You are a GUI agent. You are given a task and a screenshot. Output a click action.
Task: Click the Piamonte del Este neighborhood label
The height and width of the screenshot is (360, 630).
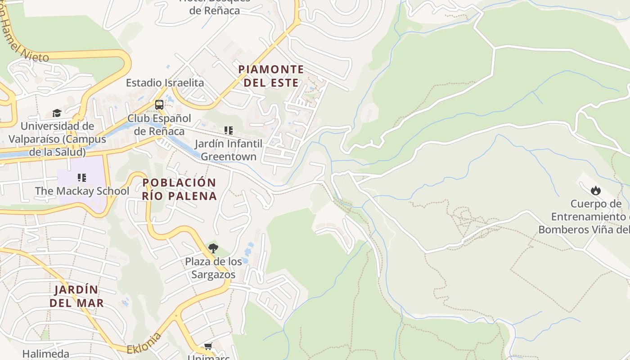click(x=271, y=76)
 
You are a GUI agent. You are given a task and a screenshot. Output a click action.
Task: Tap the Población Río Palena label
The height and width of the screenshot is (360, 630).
click(x=180, y=189)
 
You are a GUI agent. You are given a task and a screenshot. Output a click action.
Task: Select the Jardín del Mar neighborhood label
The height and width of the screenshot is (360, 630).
click(x=76, y=296)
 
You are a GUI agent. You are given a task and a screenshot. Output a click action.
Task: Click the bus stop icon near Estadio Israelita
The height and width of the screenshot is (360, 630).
click(x=159, y=105)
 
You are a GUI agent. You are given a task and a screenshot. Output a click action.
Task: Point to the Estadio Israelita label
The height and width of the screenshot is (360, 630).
click(x=165, y=83)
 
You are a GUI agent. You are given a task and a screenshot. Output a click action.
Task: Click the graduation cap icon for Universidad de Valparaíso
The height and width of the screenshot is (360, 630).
click(x=57, y=113)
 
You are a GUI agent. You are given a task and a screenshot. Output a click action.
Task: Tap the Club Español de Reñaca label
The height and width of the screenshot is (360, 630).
click(x=159, y=125)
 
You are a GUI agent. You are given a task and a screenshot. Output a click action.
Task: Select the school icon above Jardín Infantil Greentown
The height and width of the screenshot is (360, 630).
click(x=229, y=130)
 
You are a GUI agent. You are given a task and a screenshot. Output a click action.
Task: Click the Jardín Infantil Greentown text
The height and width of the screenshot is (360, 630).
click(x=229, y=150)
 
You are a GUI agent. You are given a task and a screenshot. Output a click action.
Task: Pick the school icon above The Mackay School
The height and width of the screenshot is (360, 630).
click(x=81, y=178)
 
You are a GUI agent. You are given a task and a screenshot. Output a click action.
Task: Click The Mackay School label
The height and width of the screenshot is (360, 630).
click(x=82, y=191)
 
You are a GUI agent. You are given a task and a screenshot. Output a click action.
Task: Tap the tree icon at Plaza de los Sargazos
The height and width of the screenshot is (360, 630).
click(x=213, y=248)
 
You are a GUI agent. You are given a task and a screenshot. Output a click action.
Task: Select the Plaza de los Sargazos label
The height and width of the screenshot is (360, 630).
click(x=213, y=268)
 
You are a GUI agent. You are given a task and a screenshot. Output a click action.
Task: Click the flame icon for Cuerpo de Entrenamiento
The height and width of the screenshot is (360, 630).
click(x=596, y=190)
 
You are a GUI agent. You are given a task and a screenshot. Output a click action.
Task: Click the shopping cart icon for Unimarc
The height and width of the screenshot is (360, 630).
click(x=208, y=346)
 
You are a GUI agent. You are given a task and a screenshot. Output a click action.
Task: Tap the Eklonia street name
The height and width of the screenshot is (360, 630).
click(x=144, y=343)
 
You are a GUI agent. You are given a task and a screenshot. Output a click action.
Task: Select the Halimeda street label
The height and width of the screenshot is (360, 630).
click(x=46, y=354)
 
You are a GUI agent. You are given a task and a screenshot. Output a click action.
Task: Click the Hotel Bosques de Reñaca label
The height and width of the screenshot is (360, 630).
click(x=215, y=6)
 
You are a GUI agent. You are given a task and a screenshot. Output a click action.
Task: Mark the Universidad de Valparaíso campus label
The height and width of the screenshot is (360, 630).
click(x=57, y=139)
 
